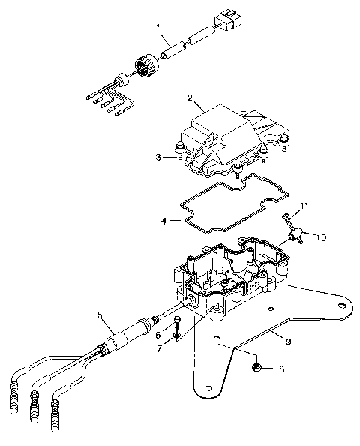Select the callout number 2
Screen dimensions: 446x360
190,98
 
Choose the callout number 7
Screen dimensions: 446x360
158,348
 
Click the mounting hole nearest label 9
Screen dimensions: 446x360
342,306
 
